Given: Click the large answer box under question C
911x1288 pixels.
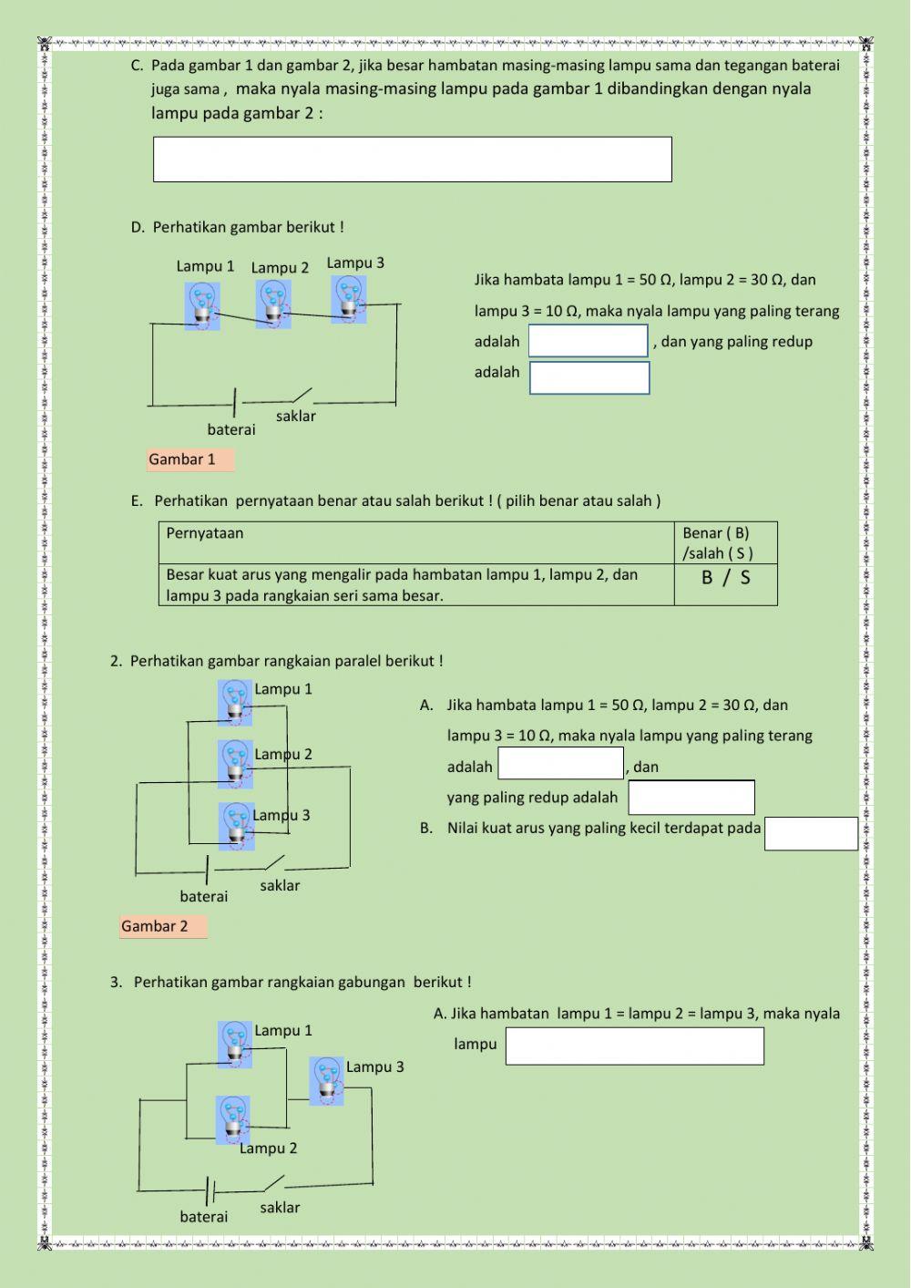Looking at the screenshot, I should coord(412,160).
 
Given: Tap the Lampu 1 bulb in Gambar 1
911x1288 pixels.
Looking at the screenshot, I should coord(202,304).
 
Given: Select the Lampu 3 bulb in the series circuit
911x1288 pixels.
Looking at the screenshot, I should coord(348,300).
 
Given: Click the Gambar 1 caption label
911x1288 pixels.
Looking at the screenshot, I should coord(189,459).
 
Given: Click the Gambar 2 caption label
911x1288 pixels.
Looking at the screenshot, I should coord(163,926).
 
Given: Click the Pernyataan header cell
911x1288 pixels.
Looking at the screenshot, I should coord(416,542).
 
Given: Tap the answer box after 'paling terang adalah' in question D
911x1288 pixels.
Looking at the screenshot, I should coord(588,341).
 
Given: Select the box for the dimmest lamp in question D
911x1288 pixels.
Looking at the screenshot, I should coord(589,377).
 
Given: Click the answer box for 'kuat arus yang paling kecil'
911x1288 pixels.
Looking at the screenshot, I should coord(811,833).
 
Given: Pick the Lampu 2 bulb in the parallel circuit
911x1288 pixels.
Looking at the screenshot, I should coord(236,763).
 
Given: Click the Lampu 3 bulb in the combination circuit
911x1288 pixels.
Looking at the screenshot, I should coord(326,1081).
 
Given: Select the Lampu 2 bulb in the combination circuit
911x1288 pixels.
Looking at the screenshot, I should coord(233,1119).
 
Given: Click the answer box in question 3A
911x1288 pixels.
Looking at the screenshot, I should coord(634,1046).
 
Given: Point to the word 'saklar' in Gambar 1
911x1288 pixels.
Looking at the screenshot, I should coord(295,416).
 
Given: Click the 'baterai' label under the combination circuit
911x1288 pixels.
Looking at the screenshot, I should coord(204,1217).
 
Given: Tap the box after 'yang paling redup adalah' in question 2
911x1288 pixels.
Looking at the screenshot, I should coord(691,798).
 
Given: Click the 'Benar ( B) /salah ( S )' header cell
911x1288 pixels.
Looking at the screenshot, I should coord(725,542).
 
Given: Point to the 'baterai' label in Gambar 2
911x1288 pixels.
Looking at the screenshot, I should coord(204,897).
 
